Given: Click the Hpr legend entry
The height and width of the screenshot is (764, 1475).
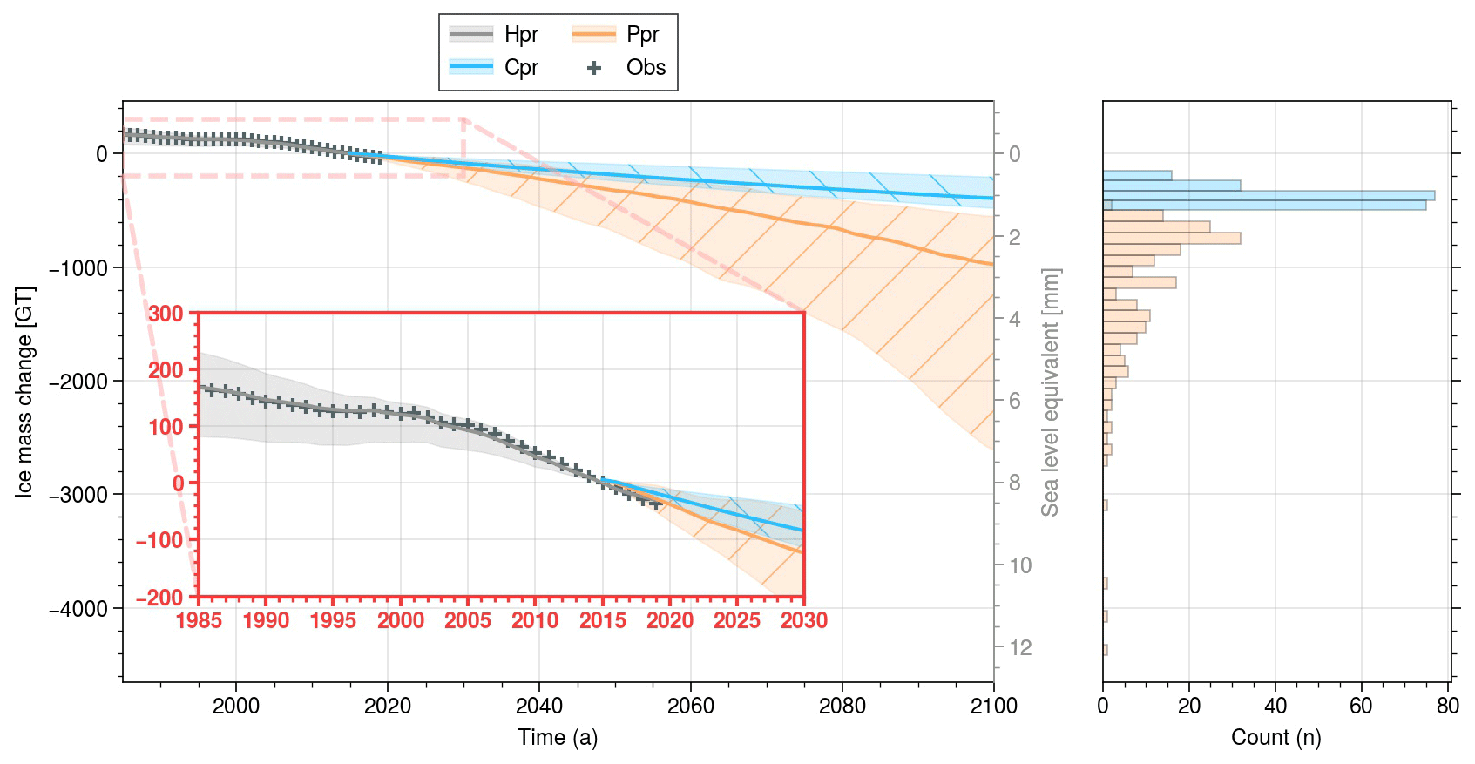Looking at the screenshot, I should click(x=494, y=35).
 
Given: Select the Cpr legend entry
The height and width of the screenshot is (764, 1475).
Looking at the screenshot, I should click(x=494, y=68).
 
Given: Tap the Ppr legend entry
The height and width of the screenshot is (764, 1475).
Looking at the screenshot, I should click(x=616, y=35).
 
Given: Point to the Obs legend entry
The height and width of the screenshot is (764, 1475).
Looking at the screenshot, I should click(x=627, y=68).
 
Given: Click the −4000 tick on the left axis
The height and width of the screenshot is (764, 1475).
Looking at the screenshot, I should click(x=84, y=608).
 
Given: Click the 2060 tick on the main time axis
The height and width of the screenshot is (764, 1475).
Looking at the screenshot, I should click(x=691, y=706).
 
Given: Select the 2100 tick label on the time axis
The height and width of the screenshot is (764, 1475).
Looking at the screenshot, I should click(x=993, y=706).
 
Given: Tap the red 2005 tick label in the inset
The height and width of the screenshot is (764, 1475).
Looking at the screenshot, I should click(x=468, y=621).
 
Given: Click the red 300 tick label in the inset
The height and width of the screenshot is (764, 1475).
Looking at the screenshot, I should click(x=166, y=314).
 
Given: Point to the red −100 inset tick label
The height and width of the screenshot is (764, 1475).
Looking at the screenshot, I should click(x=159, y=540).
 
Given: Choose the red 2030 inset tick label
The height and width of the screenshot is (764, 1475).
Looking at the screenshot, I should click(x=804, y=621).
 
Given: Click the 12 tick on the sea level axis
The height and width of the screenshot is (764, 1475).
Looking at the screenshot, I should click(x=1020, y=647).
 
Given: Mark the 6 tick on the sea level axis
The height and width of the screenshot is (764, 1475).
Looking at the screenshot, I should click(x=1015, y=401).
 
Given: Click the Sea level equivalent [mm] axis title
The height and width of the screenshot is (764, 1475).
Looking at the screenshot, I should click(x=1051, y=392).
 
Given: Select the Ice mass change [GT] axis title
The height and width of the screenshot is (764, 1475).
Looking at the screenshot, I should click(x=24, y=392).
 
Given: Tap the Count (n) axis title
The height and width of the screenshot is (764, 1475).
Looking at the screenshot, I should click(x=1275, y=738).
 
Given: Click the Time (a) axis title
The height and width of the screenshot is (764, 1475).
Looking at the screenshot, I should click(x=558, y=738).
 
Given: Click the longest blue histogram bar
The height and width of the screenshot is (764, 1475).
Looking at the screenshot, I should click(x=1269, y=195).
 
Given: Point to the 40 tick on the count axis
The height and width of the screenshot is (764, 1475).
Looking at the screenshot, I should click(x=1275, y=706).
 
